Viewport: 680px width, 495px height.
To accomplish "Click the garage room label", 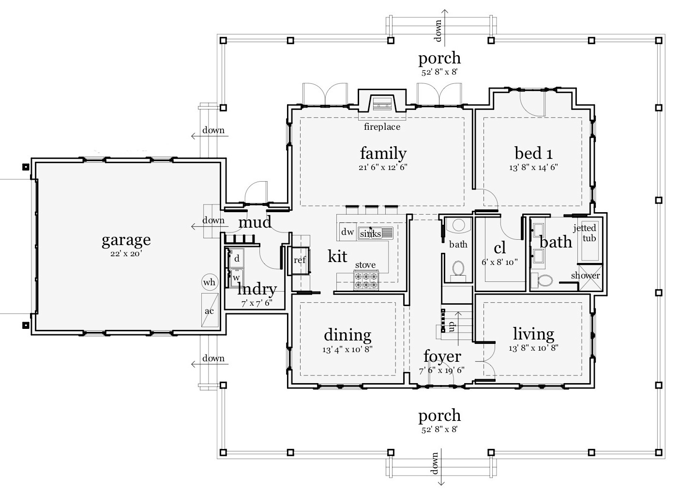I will pyautogui.click(x=126, y=240).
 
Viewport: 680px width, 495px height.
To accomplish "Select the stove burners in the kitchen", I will pyautogui.click(x=366, y=281).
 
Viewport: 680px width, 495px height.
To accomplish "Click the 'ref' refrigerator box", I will pyautogui.click(x=300, y=260).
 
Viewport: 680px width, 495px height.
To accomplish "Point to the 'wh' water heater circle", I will pyautogui.click(x=210, y=282).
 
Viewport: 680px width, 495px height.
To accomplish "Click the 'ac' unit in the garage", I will pyautogui.click(x=210, y=310).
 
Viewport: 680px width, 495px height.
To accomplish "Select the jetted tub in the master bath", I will pyautogui.click(x=589, y=241).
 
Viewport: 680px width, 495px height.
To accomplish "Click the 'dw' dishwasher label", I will pyautogui.click(x=347, y=232).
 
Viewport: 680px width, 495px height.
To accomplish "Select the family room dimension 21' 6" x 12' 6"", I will pyautogui.click(x=383, y=167).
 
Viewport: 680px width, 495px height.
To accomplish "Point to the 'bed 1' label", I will pyautogui.click(x=533, y=154).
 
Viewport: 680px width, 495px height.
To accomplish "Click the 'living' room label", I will pyautogui.click(x=533, y=334).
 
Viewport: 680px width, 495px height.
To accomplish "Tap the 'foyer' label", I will pyautogui.click(x=442, y=356).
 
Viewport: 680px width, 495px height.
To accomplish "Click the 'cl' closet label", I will pyautogui.click(x=499, y=248).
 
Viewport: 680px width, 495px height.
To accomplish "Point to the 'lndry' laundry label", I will pyautogui.click(x=257, y=290).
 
